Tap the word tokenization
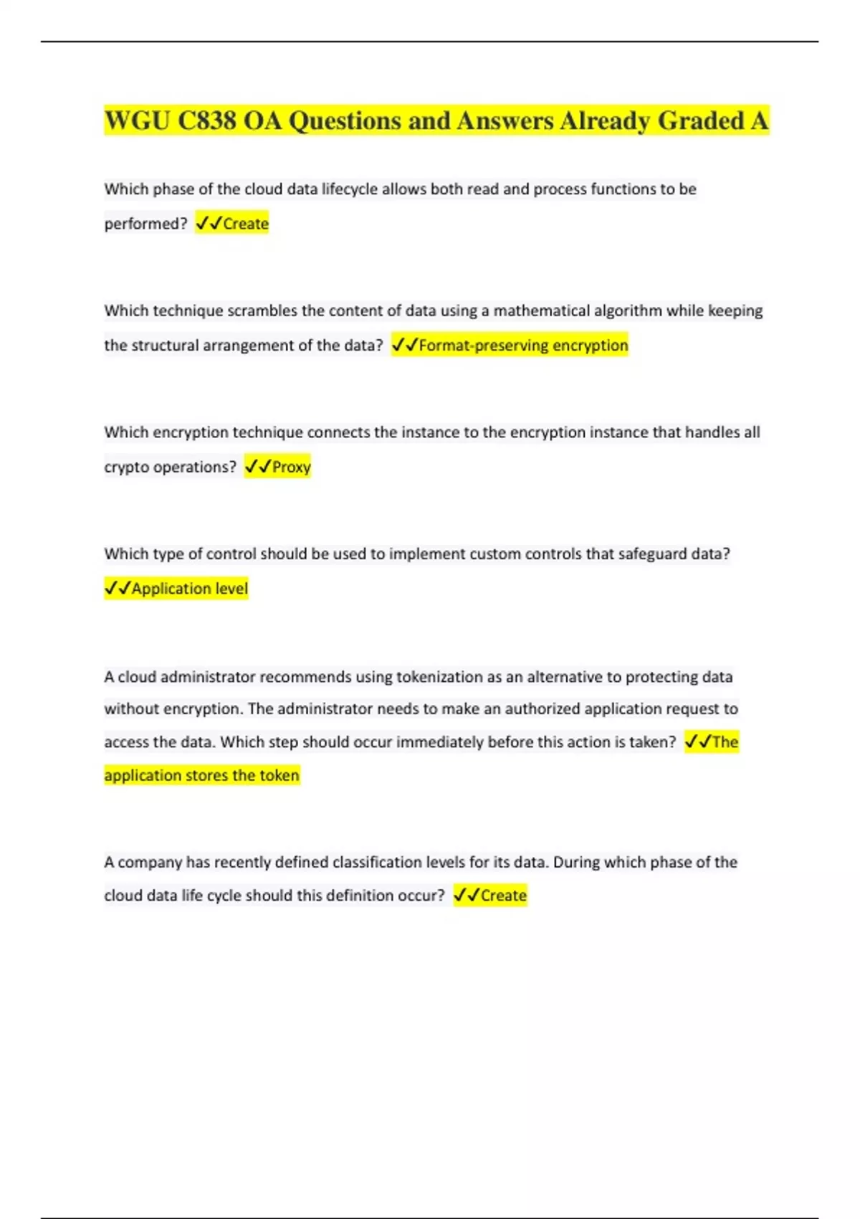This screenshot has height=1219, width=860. click(x=439, y=677)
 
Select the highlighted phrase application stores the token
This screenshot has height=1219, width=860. click(x=201, y=775)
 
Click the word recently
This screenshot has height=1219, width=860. click(x=241, y=862)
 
